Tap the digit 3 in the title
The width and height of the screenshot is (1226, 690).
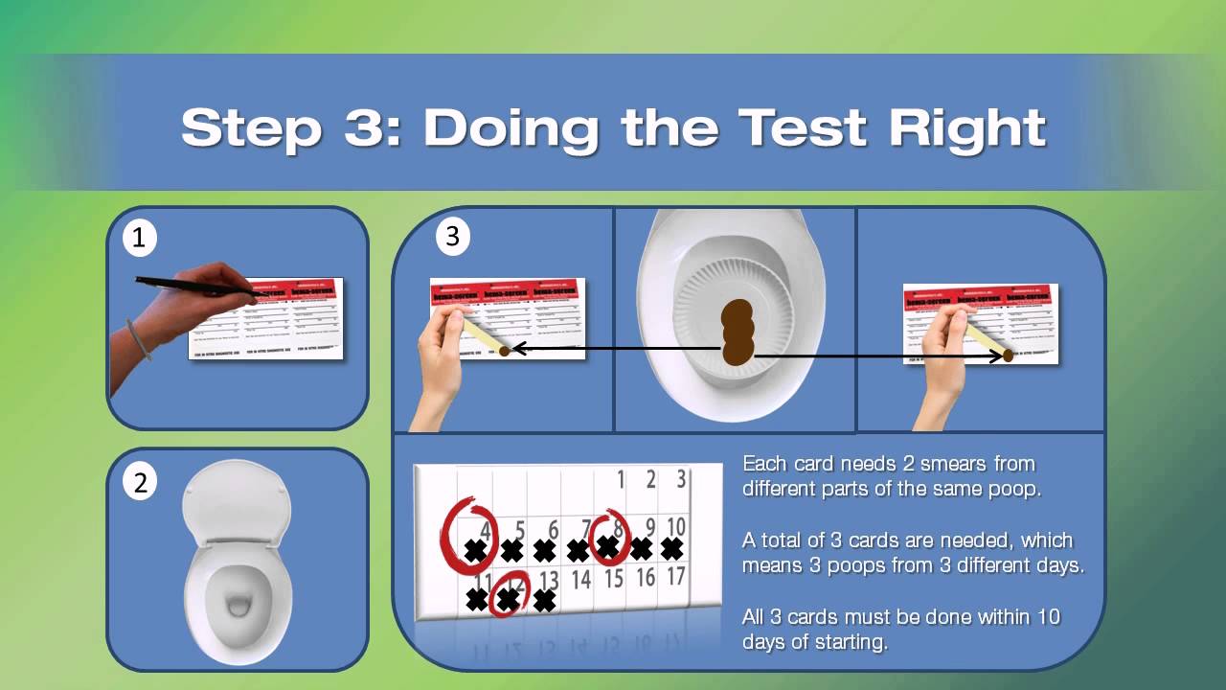pos(373,126)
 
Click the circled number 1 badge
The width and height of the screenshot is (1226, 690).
pos(140,238)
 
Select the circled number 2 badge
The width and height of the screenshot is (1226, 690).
pos(140,483)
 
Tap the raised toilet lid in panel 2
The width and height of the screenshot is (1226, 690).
pos(236,498)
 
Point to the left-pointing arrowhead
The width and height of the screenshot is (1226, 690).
pos(518,349)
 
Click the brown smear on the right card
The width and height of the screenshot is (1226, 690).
pos(1008,356)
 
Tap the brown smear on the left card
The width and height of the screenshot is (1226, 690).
pos(505,352)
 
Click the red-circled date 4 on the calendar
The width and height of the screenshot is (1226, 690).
pos(485,528)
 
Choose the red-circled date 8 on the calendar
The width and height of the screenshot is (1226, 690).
pos(618,527)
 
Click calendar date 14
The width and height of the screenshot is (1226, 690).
pos(580,578)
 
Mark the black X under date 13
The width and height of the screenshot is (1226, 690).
pos(545,601)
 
